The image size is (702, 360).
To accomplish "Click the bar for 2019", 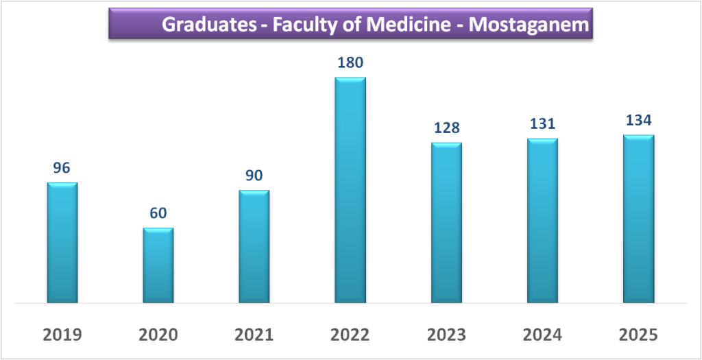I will click(x=62, y=243).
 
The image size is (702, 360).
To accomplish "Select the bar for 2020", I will click(x=158, y=265).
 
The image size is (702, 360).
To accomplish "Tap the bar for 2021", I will click(x=254, y=246).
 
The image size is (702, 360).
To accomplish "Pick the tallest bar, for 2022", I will click(x=350, y=190).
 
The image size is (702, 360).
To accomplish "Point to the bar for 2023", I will click(x=446, y=222).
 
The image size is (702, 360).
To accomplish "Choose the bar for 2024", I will click(x=542, y=220).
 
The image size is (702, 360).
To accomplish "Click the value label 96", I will click(x=62, y=167).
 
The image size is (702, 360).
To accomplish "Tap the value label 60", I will click(x=158, y=213).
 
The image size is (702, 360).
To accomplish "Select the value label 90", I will click(x=254, y=175).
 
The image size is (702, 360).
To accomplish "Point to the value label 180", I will click(x=350, y=62).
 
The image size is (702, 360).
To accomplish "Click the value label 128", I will click(x=446, y=128).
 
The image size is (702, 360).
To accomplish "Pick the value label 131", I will click(x=542, y=123).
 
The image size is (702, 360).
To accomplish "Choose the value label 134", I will click(x=638, y=120).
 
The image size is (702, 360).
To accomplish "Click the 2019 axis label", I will click(x=62, y=335).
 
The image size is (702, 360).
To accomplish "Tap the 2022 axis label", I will click(x=350, y=335).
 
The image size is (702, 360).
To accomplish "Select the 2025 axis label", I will click(x=638, y=335).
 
